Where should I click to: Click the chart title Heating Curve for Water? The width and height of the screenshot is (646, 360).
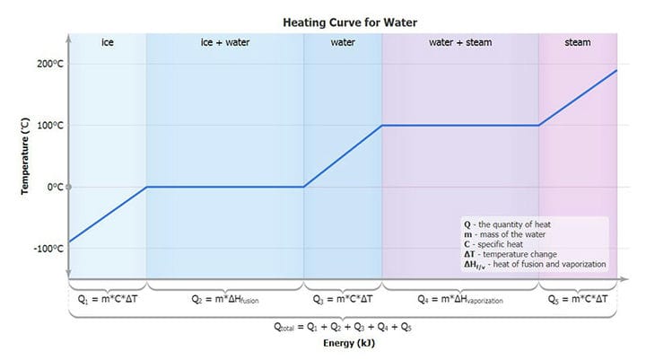click(350, 22)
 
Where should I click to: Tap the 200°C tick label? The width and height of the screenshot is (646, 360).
click(50, 64)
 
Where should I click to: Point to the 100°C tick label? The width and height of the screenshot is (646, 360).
click(50, 126)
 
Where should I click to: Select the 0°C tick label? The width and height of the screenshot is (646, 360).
click(56, 188)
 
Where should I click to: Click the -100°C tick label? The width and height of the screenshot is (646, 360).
click(48, 249)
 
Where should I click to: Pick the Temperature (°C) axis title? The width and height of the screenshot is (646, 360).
click(25, 156)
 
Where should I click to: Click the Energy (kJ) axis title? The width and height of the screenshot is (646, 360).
click(349, 343)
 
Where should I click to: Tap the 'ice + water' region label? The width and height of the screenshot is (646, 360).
click(225, 42)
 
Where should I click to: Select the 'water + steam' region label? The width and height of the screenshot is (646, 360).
click(460, 42)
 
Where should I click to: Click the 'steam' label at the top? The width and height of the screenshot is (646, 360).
click(578, 42)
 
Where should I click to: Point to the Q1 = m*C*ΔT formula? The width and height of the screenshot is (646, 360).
click(108, 299)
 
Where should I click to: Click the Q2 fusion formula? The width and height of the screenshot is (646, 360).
click(225, 299)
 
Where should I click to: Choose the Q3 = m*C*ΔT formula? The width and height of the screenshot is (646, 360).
click(343, 299)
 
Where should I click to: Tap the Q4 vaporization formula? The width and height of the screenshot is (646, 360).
click(460, 299)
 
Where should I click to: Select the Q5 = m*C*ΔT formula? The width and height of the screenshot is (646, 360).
click(578, 299)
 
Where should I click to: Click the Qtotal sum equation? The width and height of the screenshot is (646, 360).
click(343, 327)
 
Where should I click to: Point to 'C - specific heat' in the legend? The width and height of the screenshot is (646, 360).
click(493, 244)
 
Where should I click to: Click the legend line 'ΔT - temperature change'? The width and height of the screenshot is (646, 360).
click(511, 254)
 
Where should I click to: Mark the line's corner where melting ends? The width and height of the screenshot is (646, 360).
click(303, 187)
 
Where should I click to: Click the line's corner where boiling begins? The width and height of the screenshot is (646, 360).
click(382, 126)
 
